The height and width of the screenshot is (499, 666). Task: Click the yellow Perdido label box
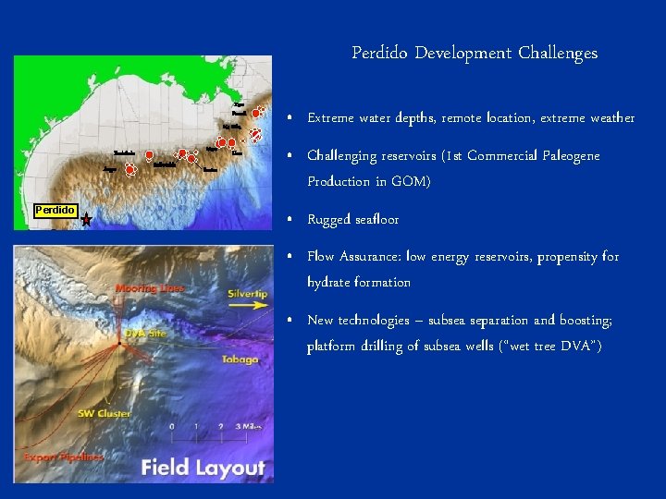point(55,210)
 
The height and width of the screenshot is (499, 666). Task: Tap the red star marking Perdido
point(86,220)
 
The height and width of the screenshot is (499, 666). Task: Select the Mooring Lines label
point(149,289)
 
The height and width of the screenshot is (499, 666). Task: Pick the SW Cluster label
point(104,413)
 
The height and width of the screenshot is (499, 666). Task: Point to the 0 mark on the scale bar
point(172,427)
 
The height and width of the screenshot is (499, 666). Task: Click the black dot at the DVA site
point(118,345)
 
